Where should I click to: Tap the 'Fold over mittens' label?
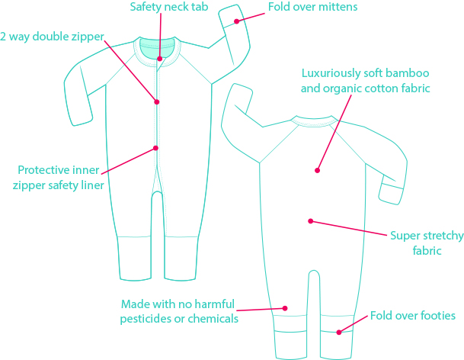pyautogui.click(x=313, y=8)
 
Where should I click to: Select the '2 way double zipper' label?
pyautogui.click(x=52, y=36)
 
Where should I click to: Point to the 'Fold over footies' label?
pyautogui.click(x=412, y=315)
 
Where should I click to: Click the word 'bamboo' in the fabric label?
pyautogui.click(x=408, y=74)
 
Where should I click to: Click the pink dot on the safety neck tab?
pyautogui.click(x=160, y=59)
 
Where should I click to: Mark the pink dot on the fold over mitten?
pyautogui.click(x=237, y=21)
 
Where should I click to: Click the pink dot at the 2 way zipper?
pyautogui.click(x=157, y=101)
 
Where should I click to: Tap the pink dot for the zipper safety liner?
pyautogui.click(x=156, y=148)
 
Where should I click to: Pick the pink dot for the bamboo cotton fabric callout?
pyautogui.click(x=317, y=170)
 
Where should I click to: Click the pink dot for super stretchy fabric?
pyautogui.click(x=310, y=221)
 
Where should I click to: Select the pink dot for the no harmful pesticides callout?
pyautogui.click(x=285, y=308)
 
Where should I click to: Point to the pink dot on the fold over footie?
pyautogui.click(x=340, y=331)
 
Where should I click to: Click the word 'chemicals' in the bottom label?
pyautogui.click(x=212, y=319)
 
